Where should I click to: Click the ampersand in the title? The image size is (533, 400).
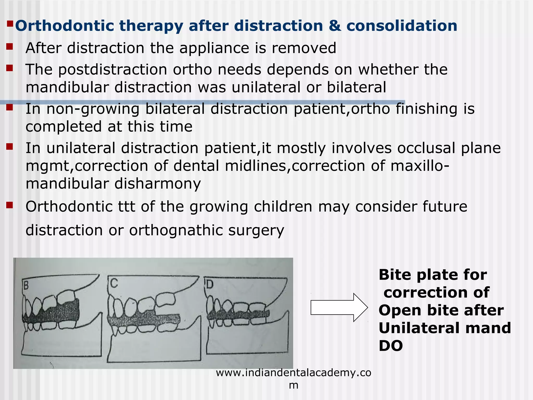click(334, 26)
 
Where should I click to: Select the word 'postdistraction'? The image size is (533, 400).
click(112, 70)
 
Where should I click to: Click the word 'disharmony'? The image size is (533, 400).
click(157, 184)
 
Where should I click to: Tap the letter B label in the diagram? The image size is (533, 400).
click(26, 286)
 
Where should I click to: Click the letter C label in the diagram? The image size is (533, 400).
click(114, 283)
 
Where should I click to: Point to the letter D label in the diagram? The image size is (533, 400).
click(209, 285)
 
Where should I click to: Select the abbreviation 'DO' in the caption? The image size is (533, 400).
click(390, 346)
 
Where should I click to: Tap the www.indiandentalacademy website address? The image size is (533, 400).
click(293, 373)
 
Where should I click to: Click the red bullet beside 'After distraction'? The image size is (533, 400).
click(10, 47)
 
